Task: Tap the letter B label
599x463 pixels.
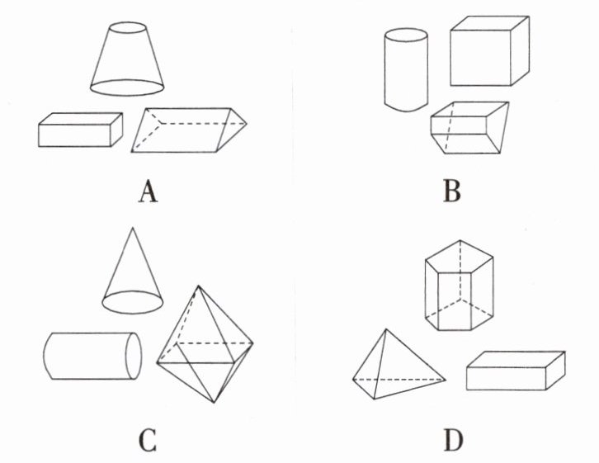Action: [451, 191]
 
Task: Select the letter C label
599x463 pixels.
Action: [147, 442]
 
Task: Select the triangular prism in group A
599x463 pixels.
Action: [189, 130]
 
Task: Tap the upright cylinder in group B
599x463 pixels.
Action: [406, 71]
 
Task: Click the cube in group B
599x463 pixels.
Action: [488, 52]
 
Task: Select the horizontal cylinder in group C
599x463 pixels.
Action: [91, 356]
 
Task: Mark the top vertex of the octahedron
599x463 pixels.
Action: [199, 286]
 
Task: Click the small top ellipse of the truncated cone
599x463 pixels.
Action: [127, 29]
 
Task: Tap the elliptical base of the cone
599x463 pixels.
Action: [132, 301]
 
